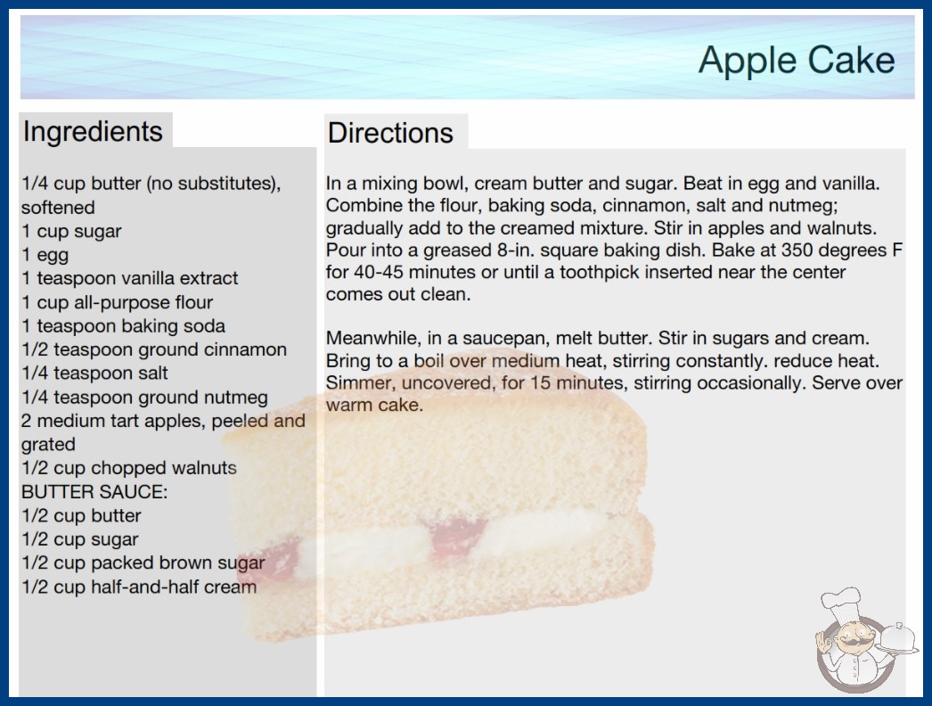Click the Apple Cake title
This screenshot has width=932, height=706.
click(x=797, y=61)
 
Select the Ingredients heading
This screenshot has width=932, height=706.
click(x=93, y=132)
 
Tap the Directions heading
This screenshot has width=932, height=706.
click(x=390, y=133)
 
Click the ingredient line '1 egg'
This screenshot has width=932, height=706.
click(x=45, y=255)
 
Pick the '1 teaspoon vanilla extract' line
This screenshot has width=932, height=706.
click(x=129, y=278)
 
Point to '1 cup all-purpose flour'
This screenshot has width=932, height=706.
click(x=117, y=302)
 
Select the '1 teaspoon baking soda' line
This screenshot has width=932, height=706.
click(x=123, y=326)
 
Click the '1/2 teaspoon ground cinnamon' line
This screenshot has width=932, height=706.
click(x=154, y=349)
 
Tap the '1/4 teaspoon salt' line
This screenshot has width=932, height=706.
click(x=94, y=373)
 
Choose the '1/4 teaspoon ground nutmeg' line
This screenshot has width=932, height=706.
click(x=144, y=398)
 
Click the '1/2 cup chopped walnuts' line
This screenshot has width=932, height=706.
click(x=129, y=468)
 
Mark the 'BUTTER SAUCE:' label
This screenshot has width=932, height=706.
click(x=94, y=492)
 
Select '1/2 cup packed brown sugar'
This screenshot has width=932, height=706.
click(x=143, y=562)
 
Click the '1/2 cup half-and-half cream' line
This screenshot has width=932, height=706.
click(x=139, y=587)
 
